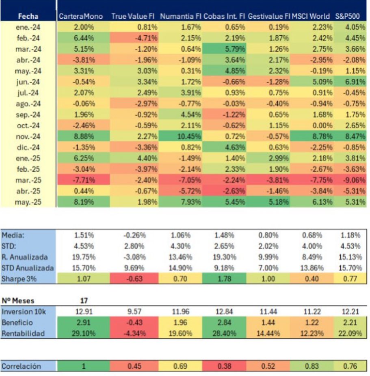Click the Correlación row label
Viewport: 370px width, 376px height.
21,366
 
